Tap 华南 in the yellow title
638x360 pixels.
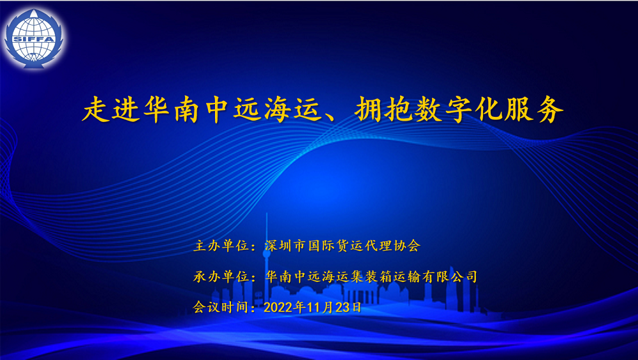(172, 110)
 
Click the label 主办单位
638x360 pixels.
(220, 245)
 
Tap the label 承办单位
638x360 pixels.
(220, 276)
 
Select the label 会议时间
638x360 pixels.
(220, 307)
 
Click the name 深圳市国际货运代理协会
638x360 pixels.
(342, 245)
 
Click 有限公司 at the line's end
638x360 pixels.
(454, 276)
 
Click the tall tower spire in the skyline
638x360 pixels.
(266, 236)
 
